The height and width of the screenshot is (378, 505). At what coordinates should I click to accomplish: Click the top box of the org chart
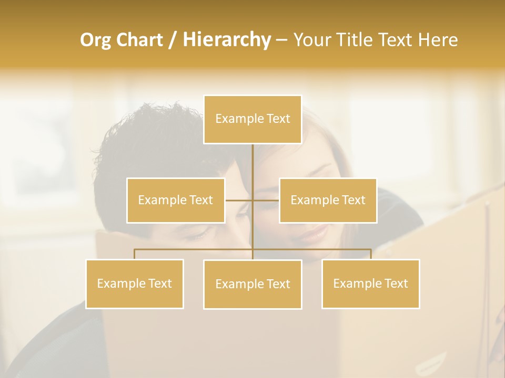[252, 119]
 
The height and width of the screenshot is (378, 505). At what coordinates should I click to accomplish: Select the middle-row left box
[176, 200]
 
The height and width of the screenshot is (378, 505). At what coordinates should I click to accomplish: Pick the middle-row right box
[328, 200]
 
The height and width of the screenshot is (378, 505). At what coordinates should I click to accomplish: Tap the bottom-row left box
[135, 283]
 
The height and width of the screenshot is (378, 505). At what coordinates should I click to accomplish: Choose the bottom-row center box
[252, 284]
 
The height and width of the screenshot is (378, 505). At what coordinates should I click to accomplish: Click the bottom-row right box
[371, 283]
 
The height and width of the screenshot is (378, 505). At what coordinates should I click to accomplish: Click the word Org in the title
[95, 40]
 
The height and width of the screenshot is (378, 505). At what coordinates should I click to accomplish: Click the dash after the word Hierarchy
[281, 40]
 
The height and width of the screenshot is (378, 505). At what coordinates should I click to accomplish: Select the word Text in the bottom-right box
[396, 283]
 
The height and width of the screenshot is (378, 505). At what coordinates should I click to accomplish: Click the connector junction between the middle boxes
[252, 200]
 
